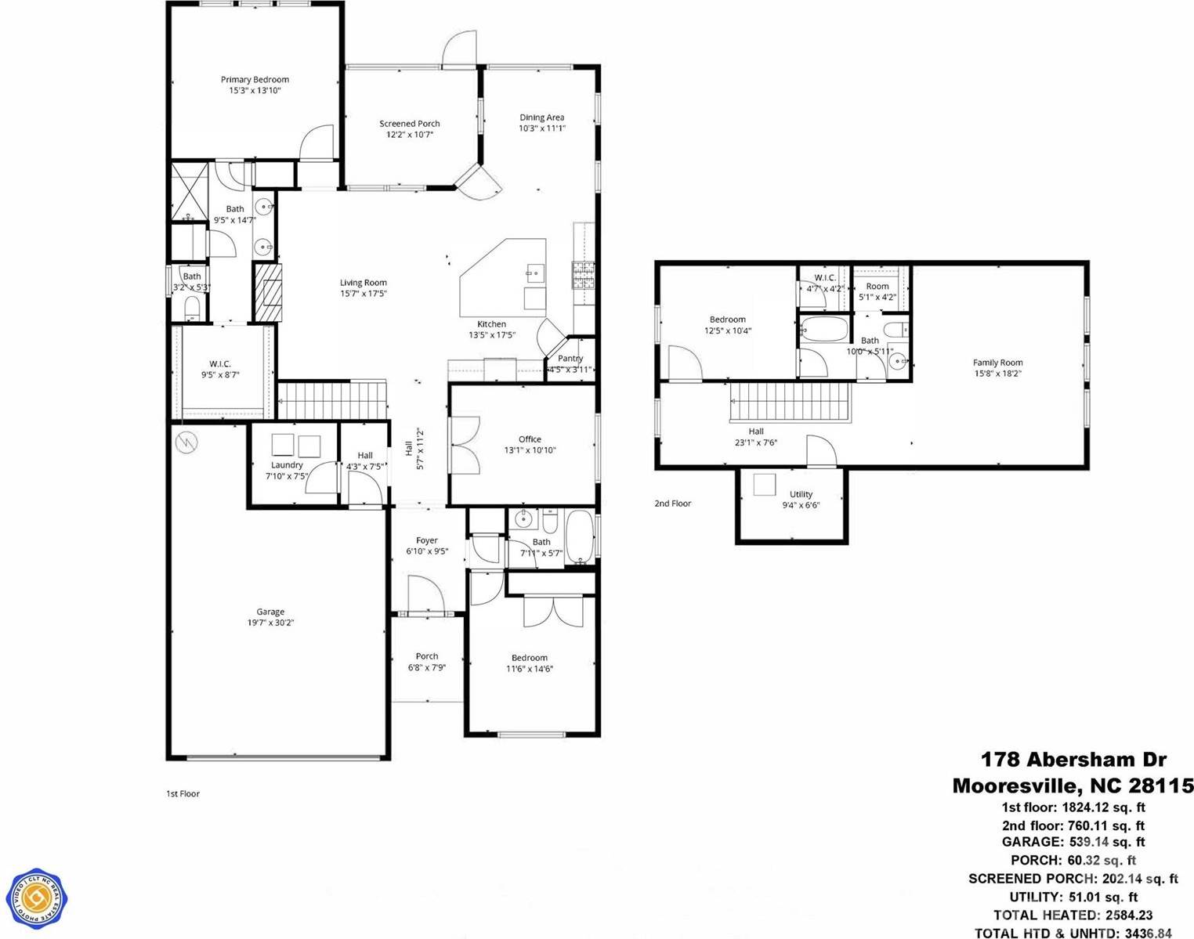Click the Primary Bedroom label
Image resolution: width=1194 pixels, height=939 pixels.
[x=255, y=80]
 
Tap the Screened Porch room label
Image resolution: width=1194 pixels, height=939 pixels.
[x=409, y=124]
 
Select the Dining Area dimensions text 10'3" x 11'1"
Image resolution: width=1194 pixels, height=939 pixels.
[x=541, y=128]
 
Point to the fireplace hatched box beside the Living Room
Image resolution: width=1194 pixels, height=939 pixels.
[x=267, y=292]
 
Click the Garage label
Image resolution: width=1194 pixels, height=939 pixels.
[x=270, y=612]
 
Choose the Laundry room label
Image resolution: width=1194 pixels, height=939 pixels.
[x=287, y=465]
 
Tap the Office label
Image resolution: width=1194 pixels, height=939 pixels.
[x=530, y=439]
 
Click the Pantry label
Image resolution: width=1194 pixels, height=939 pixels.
[x=570, y=359]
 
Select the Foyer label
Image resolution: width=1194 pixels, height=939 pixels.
[x=427, y=540]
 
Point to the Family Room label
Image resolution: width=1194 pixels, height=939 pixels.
[x=997, y=363]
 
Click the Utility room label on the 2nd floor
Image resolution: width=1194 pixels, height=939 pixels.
[x=801, y=494]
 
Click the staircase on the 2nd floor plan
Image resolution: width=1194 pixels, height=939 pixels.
[x=790, y=402]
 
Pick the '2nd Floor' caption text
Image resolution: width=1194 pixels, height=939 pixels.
[x=673, y=504]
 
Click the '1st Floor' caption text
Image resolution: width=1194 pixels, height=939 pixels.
[x=183, y=793]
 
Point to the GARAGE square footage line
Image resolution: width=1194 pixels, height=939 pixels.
[x=1073, y=843]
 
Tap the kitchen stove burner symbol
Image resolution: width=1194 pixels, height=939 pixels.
[x=583, y=272]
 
